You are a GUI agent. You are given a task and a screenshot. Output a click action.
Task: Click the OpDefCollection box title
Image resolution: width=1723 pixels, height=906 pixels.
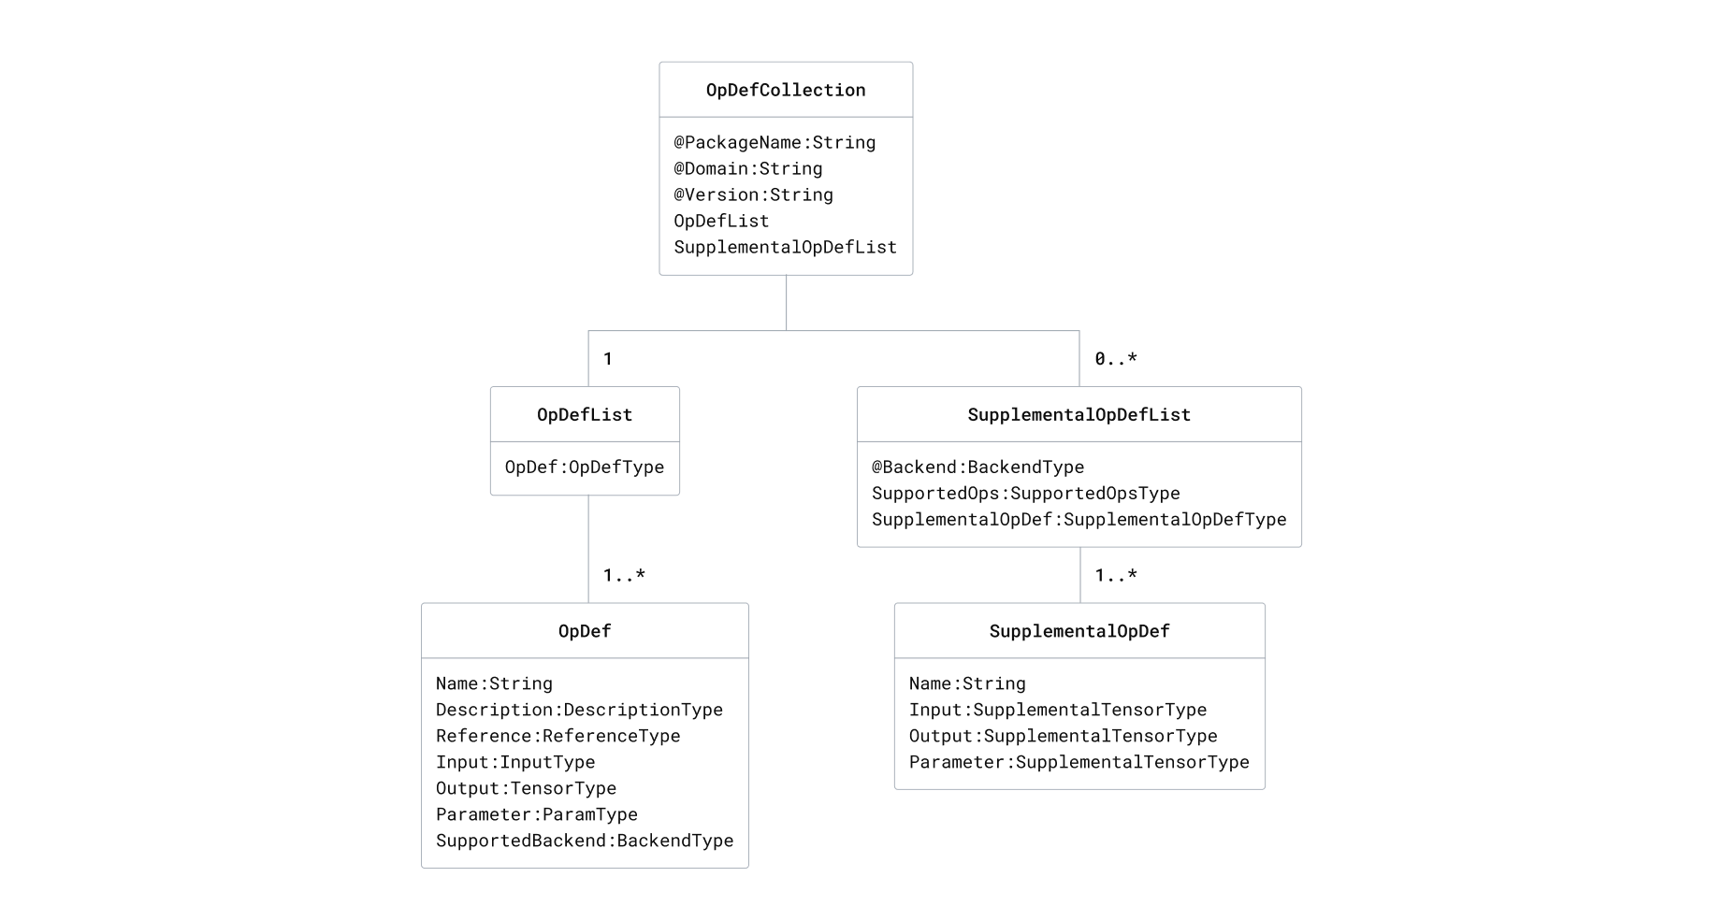[786, 90]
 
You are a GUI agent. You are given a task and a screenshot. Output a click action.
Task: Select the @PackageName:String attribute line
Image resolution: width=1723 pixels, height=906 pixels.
[775, 142]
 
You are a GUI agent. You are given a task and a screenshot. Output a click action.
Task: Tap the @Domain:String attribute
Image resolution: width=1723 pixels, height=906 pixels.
[747, 168]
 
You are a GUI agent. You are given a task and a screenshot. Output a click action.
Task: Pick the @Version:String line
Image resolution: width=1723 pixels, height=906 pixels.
[753, 194]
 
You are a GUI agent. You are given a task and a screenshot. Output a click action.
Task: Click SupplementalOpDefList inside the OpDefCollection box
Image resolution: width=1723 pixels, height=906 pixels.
[785, 247]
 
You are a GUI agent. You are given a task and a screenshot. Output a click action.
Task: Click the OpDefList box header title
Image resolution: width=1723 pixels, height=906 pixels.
[585, 414]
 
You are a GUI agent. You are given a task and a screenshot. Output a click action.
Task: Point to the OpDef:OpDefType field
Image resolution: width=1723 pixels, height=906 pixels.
[585, 467]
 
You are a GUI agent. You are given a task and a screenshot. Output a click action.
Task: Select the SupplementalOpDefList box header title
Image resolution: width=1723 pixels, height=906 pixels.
[1079, 414]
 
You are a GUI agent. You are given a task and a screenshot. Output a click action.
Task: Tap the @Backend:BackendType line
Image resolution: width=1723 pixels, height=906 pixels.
[977, 467]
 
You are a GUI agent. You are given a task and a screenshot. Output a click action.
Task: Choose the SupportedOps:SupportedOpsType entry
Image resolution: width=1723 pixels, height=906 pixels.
[1025, 493]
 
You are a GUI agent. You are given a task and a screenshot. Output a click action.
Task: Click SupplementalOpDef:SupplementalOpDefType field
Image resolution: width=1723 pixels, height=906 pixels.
[1079, 519]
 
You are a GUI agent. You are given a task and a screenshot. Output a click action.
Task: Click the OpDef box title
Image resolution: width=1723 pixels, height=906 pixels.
[585, 631]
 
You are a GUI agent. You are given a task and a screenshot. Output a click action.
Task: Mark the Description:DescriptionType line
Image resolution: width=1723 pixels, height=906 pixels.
[579, 710]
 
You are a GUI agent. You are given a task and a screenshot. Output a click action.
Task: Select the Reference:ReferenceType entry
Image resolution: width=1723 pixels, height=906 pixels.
[557, 736]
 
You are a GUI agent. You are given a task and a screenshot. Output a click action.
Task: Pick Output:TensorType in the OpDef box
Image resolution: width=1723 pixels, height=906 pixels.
[526, 788]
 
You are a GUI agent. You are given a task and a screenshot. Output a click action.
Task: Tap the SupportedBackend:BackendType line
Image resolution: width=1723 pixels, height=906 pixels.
[585, 841]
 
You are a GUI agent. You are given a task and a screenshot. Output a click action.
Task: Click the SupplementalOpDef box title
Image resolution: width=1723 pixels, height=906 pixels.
[1079, 631]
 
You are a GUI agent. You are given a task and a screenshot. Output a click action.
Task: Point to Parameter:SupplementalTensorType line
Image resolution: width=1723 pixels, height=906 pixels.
[1079, 762]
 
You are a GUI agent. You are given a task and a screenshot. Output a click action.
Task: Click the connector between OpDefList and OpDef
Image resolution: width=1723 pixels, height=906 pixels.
[588, 550]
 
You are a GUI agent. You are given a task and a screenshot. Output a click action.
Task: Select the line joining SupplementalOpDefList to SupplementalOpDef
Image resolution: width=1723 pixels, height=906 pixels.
[1080, 575]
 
